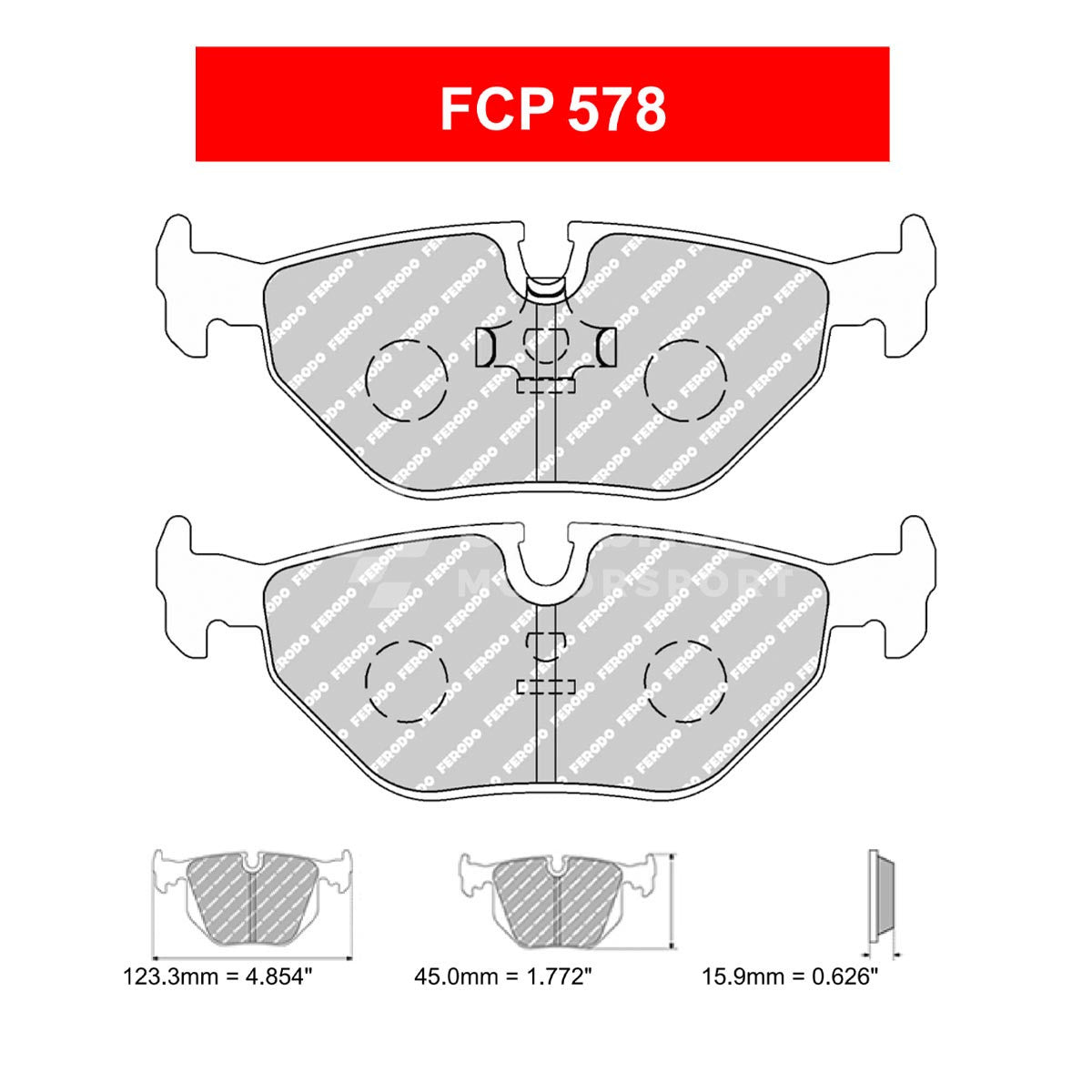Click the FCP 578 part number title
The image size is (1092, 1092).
coord(552,110)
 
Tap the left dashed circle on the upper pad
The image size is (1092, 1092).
coord(406,379)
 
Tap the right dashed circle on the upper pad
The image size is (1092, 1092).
coord(685,379)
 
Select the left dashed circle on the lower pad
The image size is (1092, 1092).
coord(406,680)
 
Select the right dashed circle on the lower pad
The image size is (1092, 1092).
coord(685,680)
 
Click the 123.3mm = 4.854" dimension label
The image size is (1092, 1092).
coord(218,978)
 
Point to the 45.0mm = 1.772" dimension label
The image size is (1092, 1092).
coord(503,978)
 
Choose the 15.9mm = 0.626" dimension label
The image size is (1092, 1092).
coord(789,978)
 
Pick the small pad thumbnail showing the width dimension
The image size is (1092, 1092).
coord(252,901)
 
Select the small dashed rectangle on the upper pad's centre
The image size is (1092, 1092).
coord(546,386)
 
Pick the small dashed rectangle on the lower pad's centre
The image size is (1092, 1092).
coord(546,686)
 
